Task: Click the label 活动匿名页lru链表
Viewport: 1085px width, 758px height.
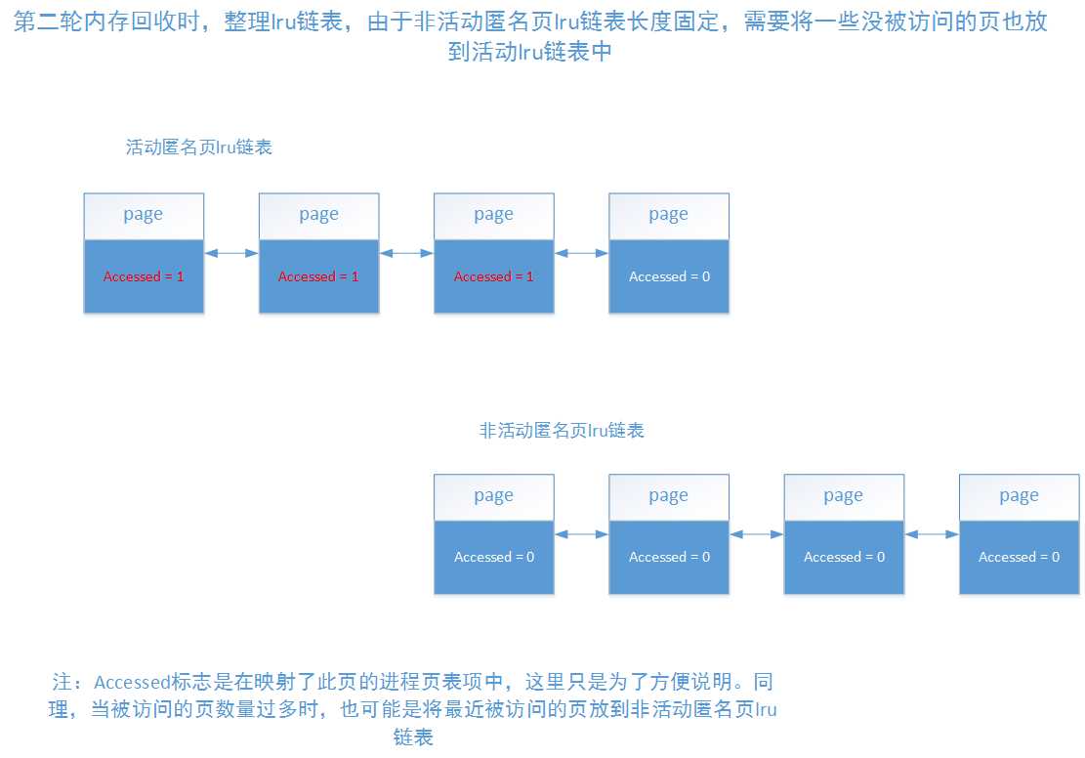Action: tap(198, 148)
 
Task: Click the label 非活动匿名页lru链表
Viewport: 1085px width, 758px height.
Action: tap(562, 430)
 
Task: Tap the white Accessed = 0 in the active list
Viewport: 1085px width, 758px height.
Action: tap(669, 276)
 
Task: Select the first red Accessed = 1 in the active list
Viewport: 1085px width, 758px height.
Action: tap(144, 276)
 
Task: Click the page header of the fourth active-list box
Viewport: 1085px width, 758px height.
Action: tap(669, 215)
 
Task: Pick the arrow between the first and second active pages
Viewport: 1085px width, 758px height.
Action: tap(231, 253)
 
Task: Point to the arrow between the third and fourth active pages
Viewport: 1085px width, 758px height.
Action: tap(581, 253)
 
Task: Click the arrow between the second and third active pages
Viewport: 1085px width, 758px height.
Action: tap(406, 253)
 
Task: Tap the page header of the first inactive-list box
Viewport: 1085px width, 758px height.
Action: tap(494, 496)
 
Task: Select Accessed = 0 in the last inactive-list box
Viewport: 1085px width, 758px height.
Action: tap(1019, 557)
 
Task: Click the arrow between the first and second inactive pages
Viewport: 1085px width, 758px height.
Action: tap(581, 533)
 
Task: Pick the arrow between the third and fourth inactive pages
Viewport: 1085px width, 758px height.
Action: tap(931, 533)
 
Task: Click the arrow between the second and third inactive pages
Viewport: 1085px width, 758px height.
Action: tap(756, 533)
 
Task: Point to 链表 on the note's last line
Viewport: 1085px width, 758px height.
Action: tap(412, 737)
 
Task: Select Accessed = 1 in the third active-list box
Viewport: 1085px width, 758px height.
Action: tap(494, 276)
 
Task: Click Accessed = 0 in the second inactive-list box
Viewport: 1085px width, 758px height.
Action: tap(669, 557)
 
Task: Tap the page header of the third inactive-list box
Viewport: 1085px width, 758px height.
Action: tap(844, 496)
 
